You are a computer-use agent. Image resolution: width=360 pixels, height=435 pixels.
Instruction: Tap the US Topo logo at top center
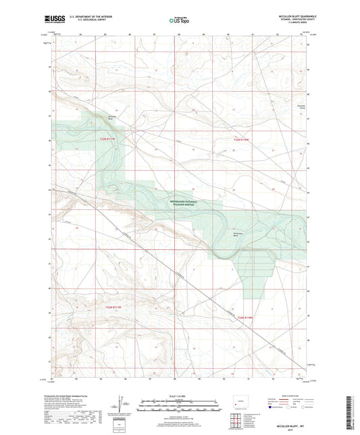click(178, 21)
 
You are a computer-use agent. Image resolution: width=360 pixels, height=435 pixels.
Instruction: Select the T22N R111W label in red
click(108, 139)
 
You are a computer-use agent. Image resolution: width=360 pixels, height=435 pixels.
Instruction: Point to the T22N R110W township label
click(241, 139)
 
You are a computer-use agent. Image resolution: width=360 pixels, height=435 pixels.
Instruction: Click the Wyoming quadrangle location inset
click(237, 403)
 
